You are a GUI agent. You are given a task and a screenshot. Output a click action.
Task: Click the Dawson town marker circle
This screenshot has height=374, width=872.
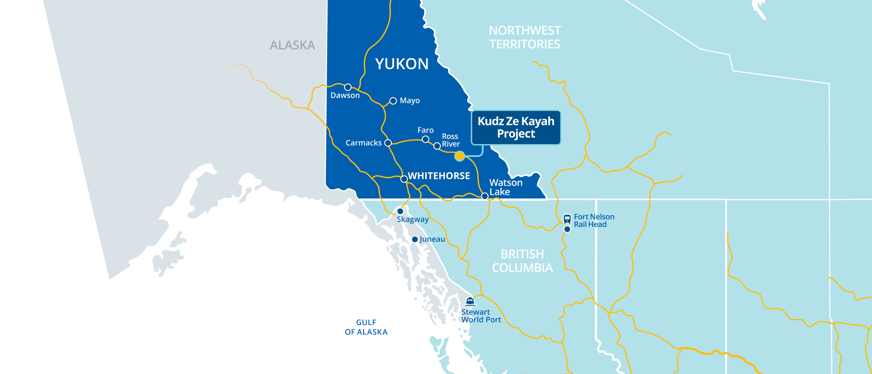[348, 87]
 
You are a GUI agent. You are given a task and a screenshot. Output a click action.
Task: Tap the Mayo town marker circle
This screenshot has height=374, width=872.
[393, 101]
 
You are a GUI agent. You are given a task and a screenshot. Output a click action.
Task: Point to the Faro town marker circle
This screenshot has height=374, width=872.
[426, 139]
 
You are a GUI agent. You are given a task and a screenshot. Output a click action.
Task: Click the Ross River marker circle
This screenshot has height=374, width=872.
[437, 146]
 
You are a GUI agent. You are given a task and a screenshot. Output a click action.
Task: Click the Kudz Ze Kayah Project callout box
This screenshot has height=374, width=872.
[516, 127]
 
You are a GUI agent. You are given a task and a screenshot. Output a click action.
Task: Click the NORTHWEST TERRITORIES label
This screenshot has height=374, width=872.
[525, 37]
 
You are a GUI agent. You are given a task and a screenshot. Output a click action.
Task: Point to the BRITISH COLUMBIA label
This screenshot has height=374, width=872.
[522, 261]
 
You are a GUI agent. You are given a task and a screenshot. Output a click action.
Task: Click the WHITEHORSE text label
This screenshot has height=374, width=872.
[439, 176]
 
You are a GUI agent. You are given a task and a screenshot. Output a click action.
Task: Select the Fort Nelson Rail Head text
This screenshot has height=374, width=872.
[594, 220]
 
